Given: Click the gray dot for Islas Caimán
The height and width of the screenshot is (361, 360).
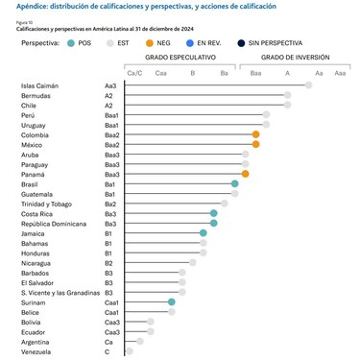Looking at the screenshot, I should point(308,85).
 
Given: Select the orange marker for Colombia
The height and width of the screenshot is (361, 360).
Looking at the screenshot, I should point(255,134).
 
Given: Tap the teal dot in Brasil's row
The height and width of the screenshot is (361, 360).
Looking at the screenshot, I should point(234,183).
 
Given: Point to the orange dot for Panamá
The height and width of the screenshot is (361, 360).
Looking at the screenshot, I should point(246,174).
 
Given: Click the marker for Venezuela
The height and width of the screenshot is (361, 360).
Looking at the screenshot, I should point(130,350).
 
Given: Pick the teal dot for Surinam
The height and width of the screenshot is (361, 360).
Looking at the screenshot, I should point(171,302).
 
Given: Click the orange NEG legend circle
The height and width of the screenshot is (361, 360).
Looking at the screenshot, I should point(150,43).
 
